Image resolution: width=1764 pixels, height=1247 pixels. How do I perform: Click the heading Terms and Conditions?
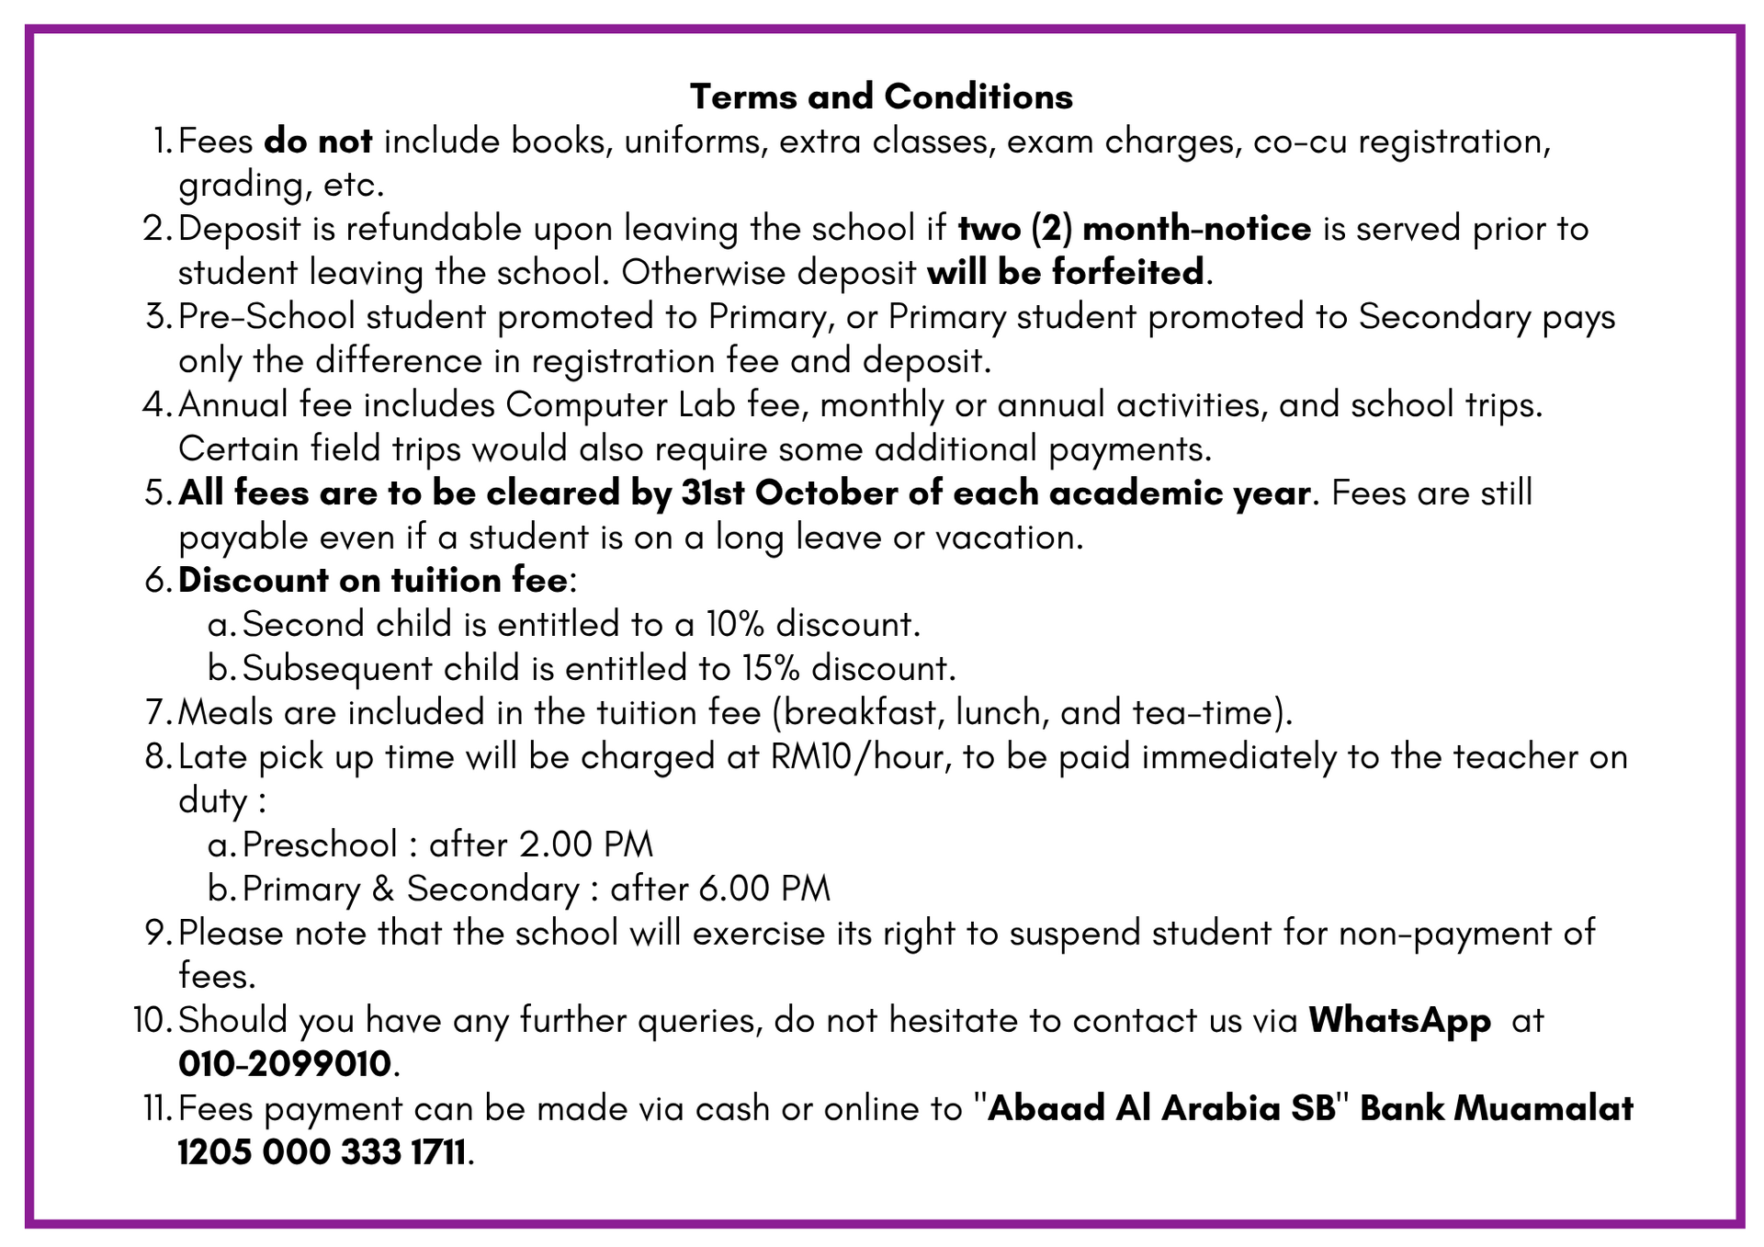point(881,96)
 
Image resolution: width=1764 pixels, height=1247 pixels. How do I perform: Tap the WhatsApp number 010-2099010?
point(285,1064)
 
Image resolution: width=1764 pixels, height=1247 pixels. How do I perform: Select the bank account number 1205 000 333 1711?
point(322,1152)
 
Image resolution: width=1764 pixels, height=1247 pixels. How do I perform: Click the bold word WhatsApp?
point(1399,1020)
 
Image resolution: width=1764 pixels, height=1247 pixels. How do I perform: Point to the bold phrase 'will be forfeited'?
point(1065,272)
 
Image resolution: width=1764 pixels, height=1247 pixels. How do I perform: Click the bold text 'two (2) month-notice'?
point(1135,229)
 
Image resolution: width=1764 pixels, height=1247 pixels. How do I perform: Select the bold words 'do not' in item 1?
point(318,142)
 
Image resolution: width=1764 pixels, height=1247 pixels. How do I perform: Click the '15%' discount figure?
point(771,668)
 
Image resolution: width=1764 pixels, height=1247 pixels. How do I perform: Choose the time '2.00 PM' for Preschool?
point(586,845)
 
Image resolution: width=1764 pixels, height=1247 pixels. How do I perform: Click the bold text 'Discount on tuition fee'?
point(372,581)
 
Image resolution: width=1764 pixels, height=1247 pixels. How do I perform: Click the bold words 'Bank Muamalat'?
point(1497,1108)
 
